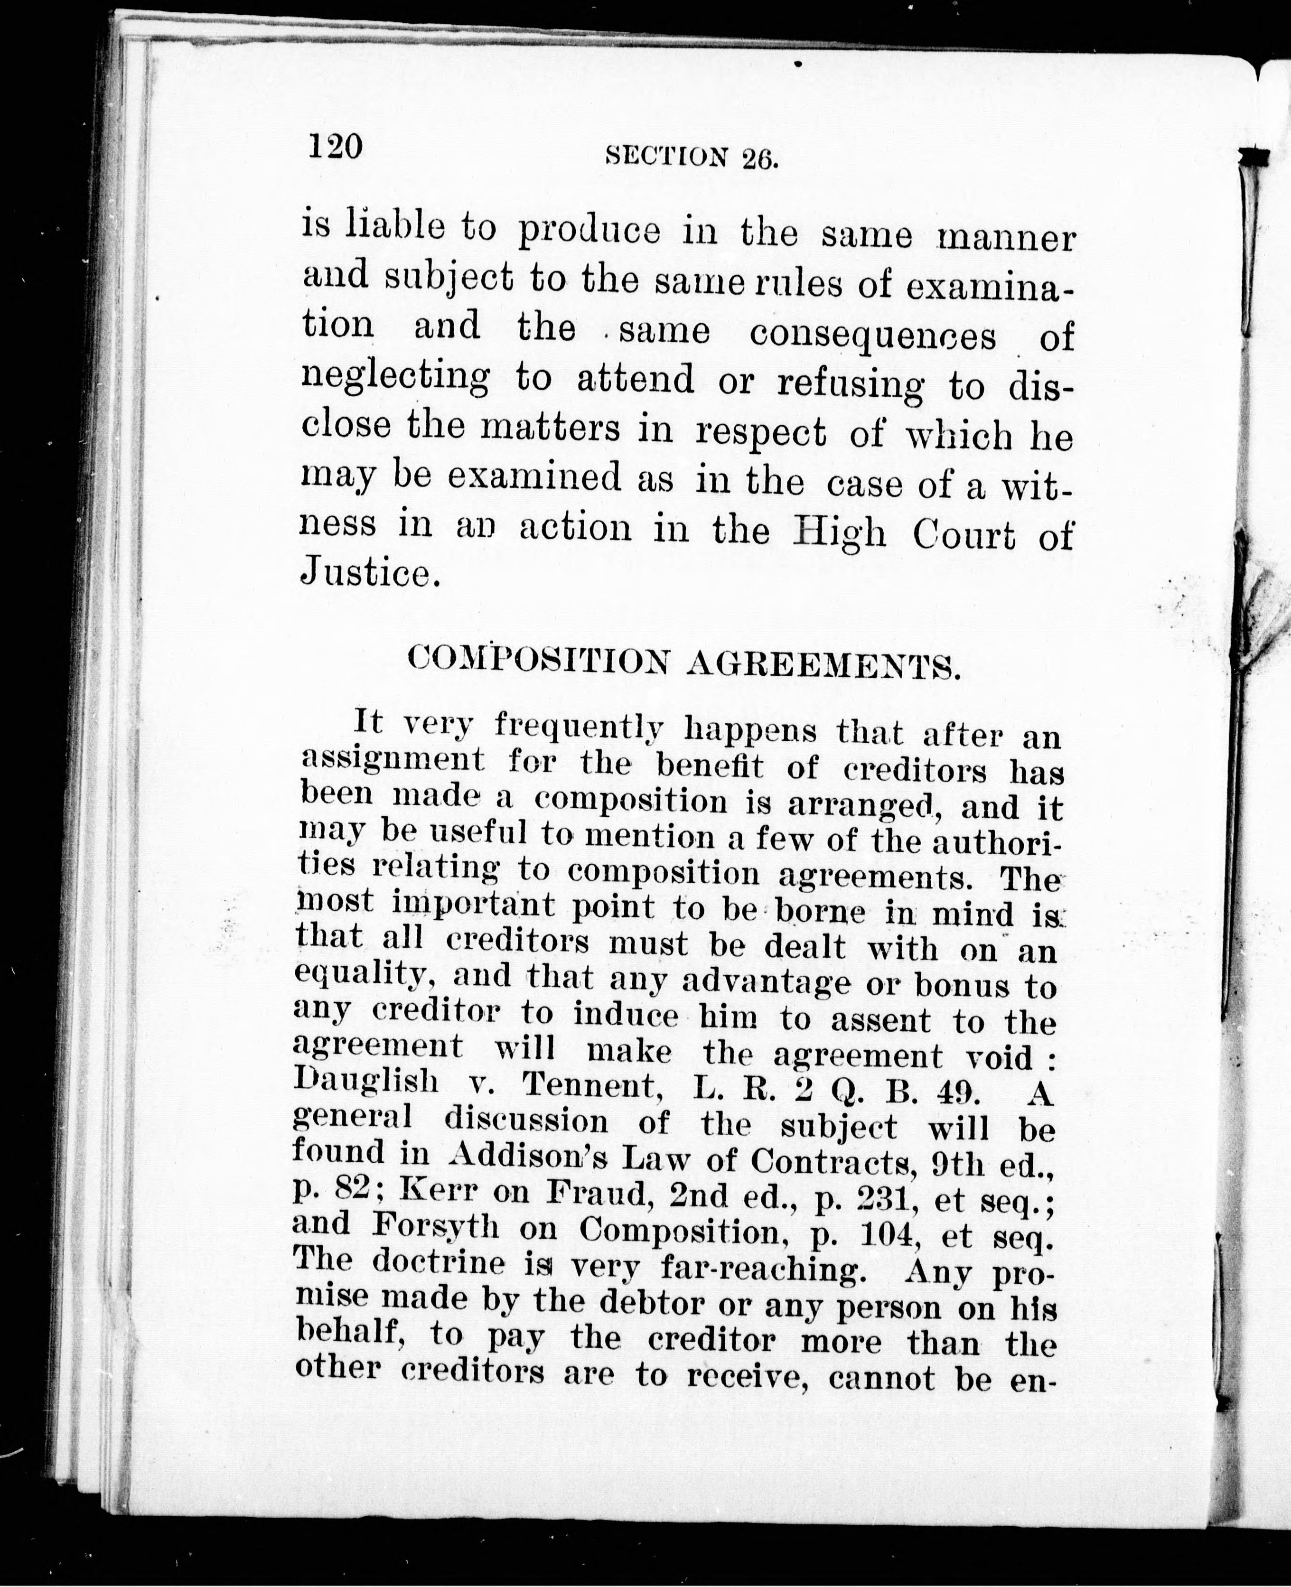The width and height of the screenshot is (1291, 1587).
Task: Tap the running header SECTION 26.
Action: coord(692,156)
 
